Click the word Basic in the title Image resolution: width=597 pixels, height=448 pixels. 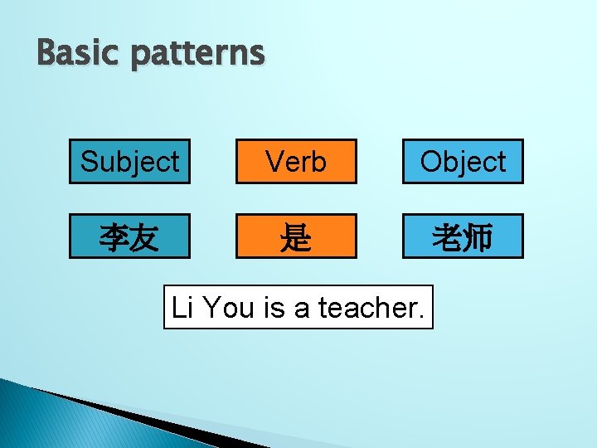[x=70, y=54]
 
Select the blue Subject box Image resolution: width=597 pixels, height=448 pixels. [x=129, y=161]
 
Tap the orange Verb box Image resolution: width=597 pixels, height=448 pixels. [x=296, y=161]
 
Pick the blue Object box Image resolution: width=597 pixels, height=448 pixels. [x=463, y=161]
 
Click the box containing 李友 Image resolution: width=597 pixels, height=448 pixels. [x=129, y=236]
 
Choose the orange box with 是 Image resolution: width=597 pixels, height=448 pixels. [x=296, y=236]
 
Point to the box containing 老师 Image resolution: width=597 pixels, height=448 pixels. [x=463, y=236]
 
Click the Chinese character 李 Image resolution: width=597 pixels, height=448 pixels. [x=114, y=238]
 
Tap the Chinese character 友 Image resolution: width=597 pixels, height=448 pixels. [x=144, y=238]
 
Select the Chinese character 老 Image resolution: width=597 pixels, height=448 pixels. [x=448, y=238]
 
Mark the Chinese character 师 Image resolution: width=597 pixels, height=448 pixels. [x=478, y=238]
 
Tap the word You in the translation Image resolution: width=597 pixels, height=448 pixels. [x=230, y=308]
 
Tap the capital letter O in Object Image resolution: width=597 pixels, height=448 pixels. [x=431, y=162]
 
